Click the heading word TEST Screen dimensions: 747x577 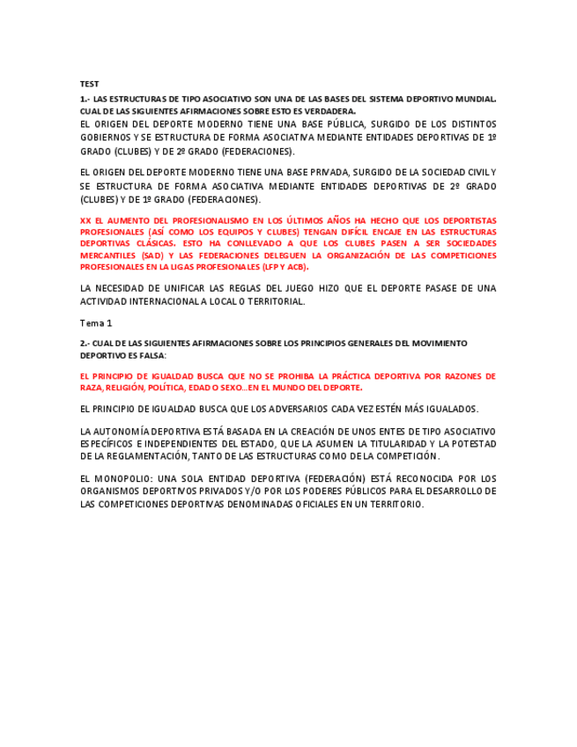tap(89, 84)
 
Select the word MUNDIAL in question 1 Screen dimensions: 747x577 tap(476, 100)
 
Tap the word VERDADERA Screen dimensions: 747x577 tap(330, 111)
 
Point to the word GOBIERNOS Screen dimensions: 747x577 tap(104, 137)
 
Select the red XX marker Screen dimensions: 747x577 tap(85, 221)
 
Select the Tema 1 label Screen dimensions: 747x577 tap(96, 322)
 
